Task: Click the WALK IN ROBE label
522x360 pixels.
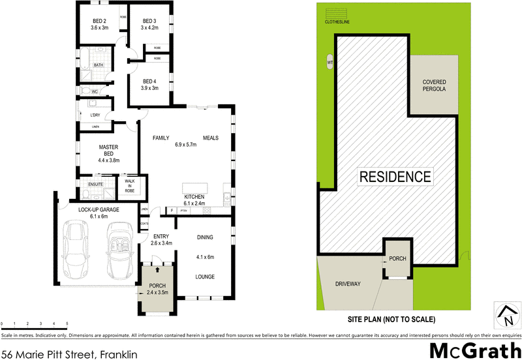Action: click(x=129, y=185)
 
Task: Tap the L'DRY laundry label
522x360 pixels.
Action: click(x=96, y=115)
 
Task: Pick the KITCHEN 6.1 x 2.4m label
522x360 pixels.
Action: click(x=194, y=200)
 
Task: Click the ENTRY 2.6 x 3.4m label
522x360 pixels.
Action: click(x=161, y=239)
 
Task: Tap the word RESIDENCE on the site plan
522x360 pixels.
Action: click(x=393, y=176)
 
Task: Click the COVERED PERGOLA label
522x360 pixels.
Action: click(x=434, y=85)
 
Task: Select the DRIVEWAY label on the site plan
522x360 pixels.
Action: click(x=348, y=284)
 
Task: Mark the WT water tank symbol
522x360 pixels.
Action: click(x=330, y=63)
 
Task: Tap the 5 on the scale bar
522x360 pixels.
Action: click(x=67, y=323)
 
